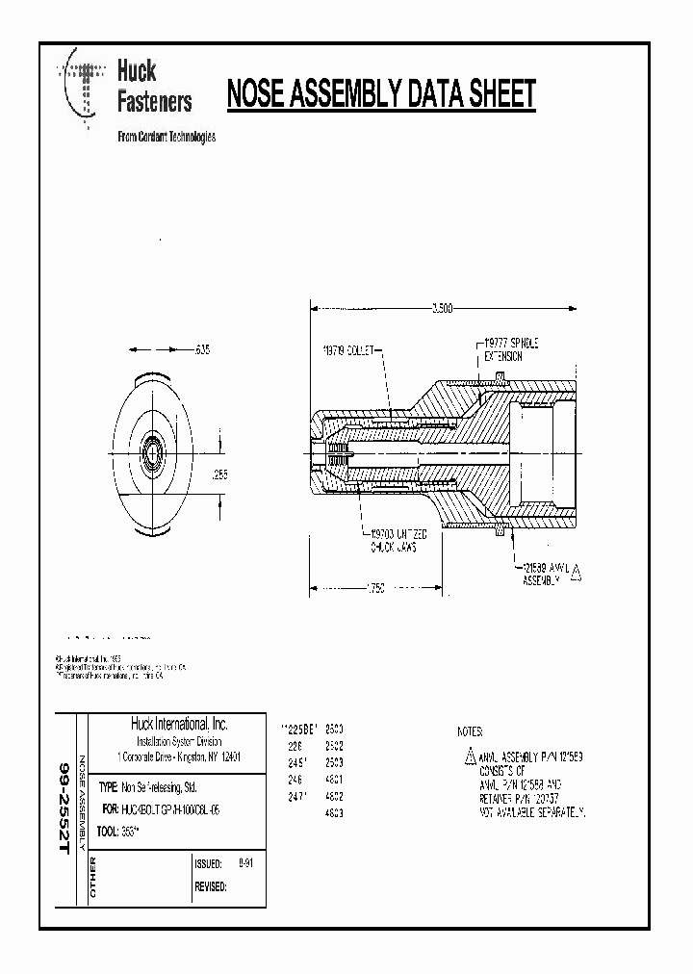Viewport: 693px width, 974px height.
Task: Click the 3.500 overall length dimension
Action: pyautogui.click(x=442, y=308)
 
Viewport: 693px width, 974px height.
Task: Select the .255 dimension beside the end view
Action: pyautogui.click(x=220, y=474)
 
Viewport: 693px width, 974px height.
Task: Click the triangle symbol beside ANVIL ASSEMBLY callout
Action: pyautogui.click(x=576, y=574)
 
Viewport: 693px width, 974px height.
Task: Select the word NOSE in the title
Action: pyautogui.click(x=260, y=94)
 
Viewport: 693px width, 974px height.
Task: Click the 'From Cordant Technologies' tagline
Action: pyautogui.click(x=166, y=137)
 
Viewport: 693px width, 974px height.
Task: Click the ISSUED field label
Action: pyautogui.click(x=208, y=864)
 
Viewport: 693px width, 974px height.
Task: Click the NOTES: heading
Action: pyautogui.click(x=471, y=731)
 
